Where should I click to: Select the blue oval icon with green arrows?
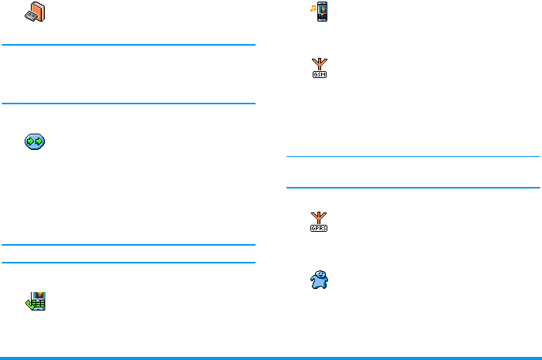[36, 141]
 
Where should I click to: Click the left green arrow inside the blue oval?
[31, 141]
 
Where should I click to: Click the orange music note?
[313, 8]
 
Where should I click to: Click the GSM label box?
[319, 74]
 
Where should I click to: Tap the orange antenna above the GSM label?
[319, 64]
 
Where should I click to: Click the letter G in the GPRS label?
[313, 229]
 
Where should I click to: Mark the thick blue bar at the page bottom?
[271, 358]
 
